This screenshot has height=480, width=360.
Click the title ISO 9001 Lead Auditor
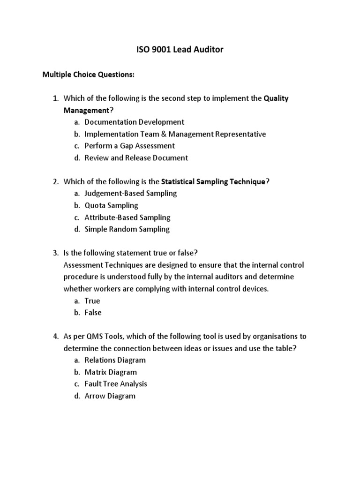coord(180,49)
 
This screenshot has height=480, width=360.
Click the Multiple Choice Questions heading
coord(88,74)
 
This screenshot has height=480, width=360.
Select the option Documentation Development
coord(134,122)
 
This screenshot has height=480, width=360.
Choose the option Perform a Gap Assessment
coord(129,146)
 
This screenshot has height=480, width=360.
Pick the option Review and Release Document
coord(136,158)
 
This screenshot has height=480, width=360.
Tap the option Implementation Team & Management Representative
coord(175,134)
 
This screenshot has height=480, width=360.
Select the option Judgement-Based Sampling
coord(131,193)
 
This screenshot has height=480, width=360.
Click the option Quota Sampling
coord(111,205)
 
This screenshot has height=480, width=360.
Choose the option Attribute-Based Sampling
coord(127,217)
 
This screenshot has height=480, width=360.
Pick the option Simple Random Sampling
coord(127,229)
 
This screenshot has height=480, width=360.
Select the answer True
coord(92,301)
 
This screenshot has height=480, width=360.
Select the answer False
coord(93,313)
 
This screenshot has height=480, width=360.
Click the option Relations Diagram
coord(115,360)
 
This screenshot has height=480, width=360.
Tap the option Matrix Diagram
coord(111,372)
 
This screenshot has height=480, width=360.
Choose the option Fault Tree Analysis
coord(116,384)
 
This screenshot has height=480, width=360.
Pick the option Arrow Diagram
coord(110,396)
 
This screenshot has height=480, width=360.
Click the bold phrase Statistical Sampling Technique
coord(213,181)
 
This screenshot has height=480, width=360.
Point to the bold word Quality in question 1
coord(276,98)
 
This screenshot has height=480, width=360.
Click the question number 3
coord(54,253)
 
